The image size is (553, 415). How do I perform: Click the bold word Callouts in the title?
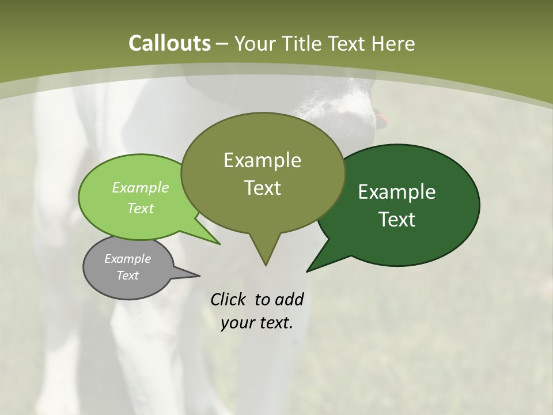pos(169,43)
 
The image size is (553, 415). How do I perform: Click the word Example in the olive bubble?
pos(262,160)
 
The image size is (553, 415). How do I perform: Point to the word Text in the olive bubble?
pos(262,188)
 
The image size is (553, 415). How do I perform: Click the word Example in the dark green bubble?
pos(397,192)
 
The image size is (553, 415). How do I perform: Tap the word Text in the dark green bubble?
pos(397,220)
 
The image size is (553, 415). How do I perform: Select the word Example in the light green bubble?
pos(141,187)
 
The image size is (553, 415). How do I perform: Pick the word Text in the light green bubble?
pos(141,208)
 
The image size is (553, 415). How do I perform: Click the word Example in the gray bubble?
pos(128,259)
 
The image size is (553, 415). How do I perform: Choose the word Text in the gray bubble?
pos(128,276)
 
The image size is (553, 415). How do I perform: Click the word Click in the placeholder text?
pos(229,299)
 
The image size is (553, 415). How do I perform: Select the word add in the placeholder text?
pos(289,299)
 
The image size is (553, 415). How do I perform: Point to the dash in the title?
pos(222,43)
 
